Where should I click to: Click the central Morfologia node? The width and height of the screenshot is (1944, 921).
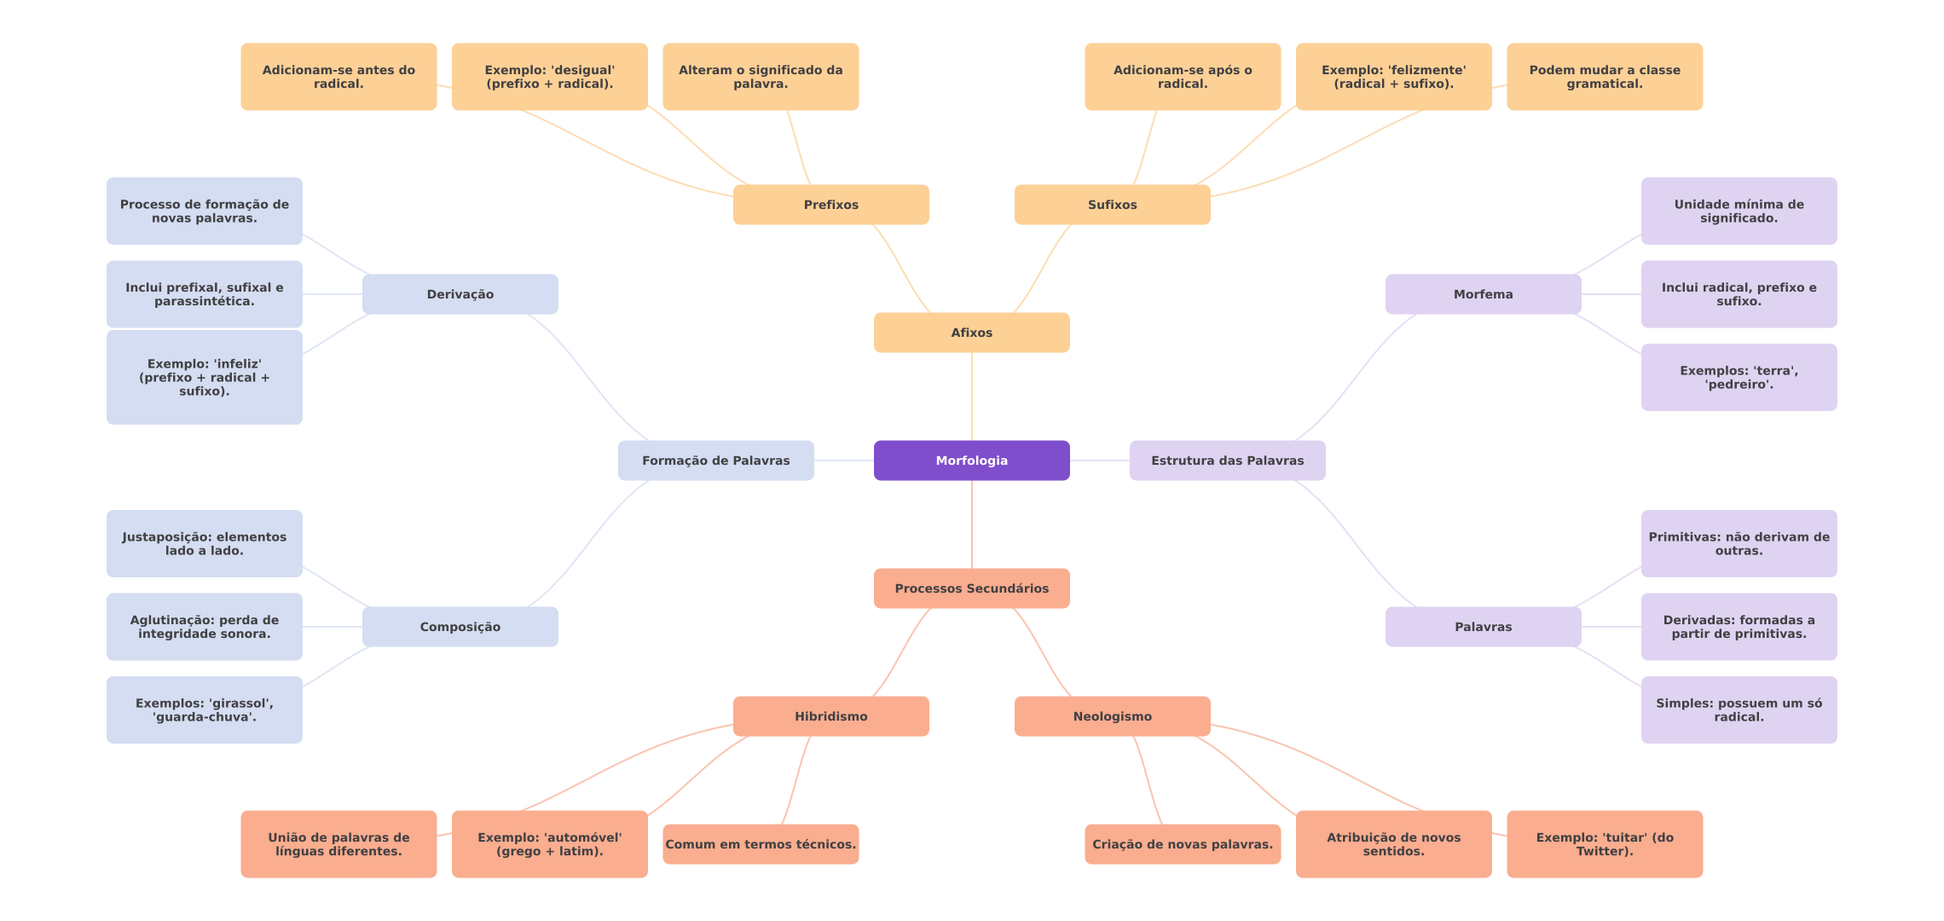972,460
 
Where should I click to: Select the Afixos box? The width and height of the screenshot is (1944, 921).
972,333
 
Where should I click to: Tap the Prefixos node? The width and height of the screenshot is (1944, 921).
831,205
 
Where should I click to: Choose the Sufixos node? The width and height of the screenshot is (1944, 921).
1113,205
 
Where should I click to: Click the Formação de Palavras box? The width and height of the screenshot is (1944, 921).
716,460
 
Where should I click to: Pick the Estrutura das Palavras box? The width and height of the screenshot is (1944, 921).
1228,460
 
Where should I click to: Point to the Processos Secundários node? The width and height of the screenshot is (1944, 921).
972,588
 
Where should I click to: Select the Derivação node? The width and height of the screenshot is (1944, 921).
460,294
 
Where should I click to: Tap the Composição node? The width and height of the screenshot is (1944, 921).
460,627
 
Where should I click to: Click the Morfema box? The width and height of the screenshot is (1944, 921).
1484,294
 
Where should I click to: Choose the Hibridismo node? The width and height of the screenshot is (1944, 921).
831,716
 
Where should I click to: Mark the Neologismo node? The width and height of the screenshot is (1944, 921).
1113,716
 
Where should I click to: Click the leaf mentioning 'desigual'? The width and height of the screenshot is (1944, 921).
550,77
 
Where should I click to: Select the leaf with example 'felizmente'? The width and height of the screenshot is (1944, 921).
1394,77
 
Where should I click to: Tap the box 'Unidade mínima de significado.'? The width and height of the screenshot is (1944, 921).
1739,211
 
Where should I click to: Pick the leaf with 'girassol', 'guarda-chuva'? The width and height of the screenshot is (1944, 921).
205,710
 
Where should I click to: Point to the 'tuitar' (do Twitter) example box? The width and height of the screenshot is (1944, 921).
1605,844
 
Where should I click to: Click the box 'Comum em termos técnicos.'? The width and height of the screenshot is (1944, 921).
761,844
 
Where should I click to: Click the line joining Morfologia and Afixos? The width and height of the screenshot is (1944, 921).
972,397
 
